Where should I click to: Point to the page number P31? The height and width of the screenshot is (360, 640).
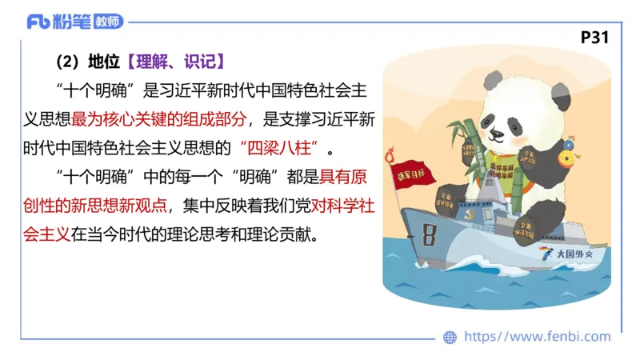point(595,38)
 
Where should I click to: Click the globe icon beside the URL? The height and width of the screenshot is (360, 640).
point(450,337)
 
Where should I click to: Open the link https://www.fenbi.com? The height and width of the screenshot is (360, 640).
point(537,337)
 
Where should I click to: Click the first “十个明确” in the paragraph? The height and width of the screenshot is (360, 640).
point(82,90)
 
